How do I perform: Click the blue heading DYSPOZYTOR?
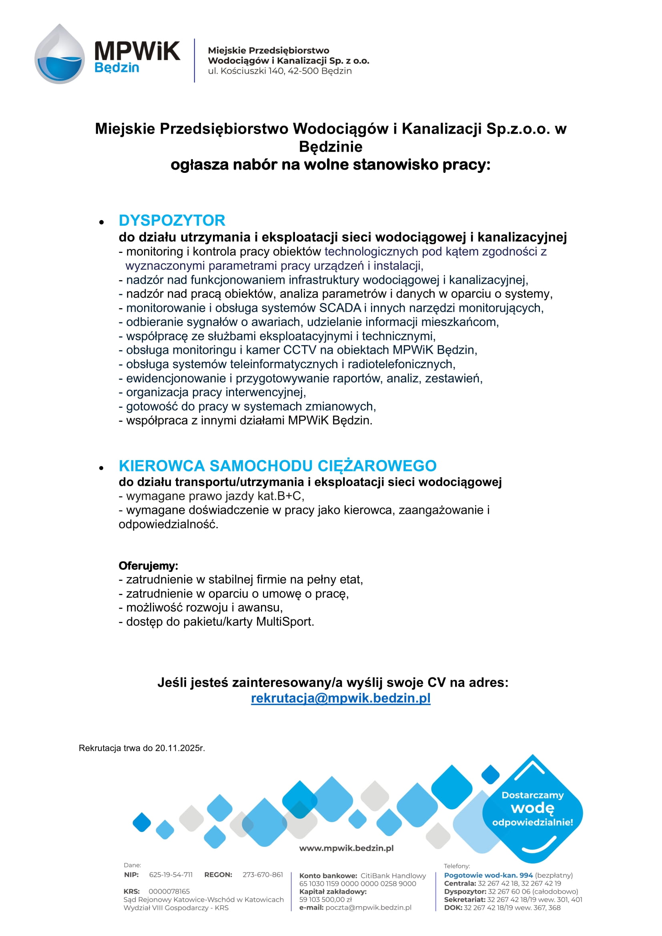(172, 220)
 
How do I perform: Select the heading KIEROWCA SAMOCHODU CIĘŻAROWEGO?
(277, 465)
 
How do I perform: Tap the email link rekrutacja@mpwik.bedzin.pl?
(340, 698)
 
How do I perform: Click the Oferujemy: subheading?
(148, 565)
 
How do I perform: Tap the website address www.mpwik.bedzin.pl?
(346, 848)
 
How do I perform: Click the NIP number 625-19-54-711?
(171, 874)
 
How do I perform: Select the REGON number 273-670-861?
(263, 874)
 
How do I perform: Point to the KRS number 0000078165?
(169, 891)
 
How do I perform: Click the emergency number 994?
(526, 875)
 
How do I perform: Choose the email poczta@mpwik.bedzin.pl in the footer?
(368, 908)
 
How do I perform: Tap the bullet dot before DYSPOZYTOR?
(102, 222)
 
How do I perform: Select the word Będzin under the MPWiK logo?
(116, 68)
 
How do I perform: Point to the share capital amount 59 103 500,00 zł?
(325, 899)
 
